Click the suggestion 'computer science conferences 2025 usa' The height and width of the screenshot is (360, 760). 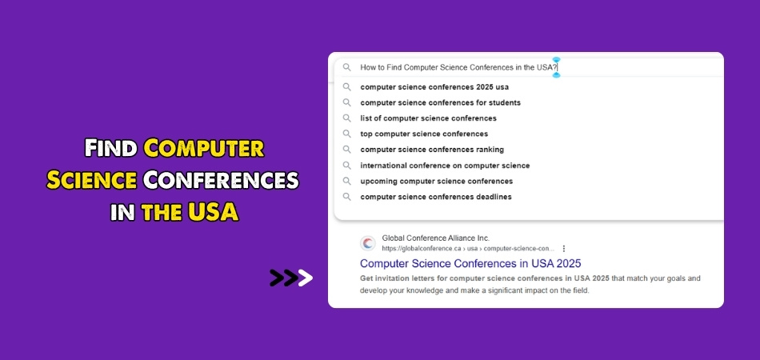tap(434, 87)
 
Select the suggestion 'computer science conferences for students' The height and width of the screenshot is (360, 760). tap(440, 102)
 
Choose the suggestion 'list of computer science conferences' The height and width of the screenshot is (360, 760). tap(428, 118)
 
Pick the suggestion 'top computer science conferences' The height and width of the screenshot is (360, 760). tap(424, 134)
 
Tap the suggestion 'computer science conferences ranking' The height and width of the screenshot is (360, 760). tap(432, 150)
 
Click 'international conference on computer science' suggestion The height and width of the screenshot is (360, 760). tap(445, 166)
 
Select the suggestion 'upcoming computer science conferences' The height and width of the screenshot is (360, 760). tap(436, 182)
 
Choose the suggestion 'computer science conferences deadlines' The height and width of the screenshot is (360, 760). tap(436, 197)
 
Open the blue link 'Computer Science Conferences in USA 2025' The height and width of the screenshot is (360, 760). tap(470, 263)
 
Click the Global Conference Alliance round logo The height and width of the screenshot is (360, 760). tap(368, 243)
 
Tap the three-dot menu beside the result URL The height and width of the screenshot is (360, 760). tap(564, 249)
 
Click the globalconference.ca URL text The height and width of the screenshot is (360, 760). tap(468, 249)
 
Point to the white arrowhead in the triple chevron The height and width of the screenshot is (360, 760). tap(305, 278)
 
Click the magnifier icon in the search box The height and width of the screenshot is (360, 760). tap(346, 67)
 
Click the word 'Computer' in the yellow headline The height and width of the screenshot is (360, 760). tap(204, 148)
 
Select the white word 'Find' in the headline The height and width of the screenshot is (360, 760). tap(111, 148)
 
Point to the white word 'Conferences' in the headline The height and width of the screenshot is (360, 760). tap(221, 180)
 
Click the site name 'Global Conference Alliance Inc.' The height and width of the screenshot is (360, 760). tap(436, 238)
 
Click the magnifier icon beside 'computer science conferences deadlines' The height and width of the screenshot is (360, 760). tap(346, 197)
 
